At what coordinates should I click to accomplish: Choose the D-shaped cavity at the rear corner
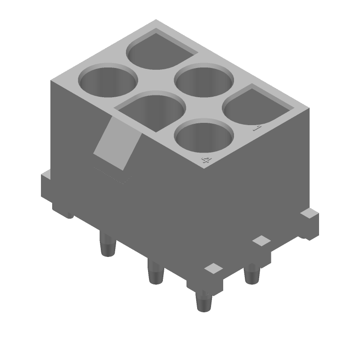pos(160,49)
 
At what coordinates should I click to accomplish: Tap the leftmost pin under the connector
pos(107,245)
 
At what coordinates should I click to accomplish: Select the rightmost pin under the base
pos(252,274)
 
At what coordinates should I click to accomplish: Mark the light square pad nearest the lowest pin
pos(213,269)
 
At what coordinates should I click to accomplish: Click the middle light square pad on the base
pos(261,241)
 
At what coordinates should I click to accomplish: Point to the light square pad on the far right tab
pos(309,212)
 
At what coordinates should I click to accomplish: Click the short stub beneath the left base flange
pos(67,214)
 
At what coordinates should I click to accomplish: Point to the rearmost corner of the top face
pos(156,20)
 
